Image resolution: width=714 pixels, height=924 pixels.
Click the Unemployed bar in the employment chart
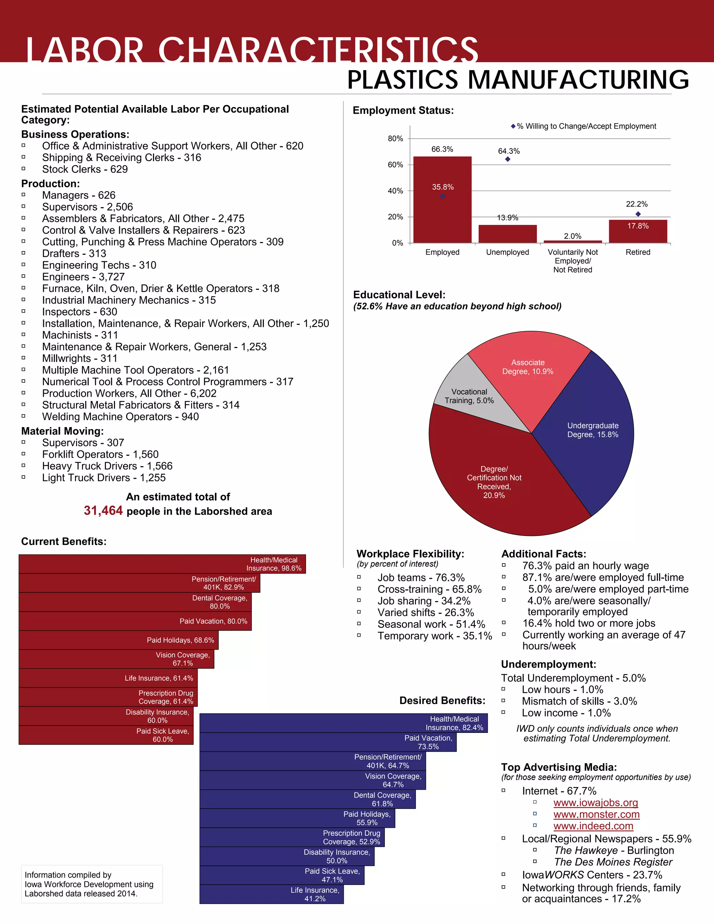[x=507, y=234]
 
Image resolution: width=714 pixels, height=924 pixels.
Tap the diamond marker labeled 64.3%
[x=508, y=159]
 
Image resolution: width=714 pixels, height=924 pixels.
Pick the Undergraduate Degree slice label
[x=593, y=430]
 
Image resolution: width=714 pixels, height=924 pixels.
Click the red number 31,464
[x=103, y=511]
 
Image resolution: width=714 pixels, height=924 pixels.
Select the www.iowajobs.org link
[x=595, y=803]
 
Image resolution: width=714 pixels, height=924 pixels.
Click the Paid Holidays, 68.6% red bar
[x=119, y=640]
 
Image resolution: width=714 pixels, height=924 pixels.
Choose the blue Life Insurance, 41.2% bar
[x=271, y=894]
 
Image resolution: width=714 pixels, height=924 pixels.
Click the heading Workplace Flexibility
[x=410, y=554]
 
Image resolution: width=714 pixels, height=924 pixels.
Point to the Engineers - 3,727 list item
[x=83, y=277]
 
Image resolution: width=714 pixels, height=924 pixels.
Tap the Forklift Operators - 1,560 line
[x=100, y=454]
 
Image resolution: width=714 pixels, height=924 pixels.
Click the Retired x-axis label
[x=637, y=252]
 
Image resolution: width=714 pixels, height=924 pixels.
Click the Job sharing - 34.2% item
[x=424, y=601]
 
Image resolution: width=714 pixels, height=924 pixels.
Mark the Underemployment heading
[x=548, y=664]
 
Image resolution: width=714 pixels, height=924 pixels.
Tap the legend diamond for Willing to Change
[x=513, y=126]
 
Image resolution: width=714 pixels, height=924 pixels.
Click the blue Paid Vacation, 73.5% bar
[x=328, y=742]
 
